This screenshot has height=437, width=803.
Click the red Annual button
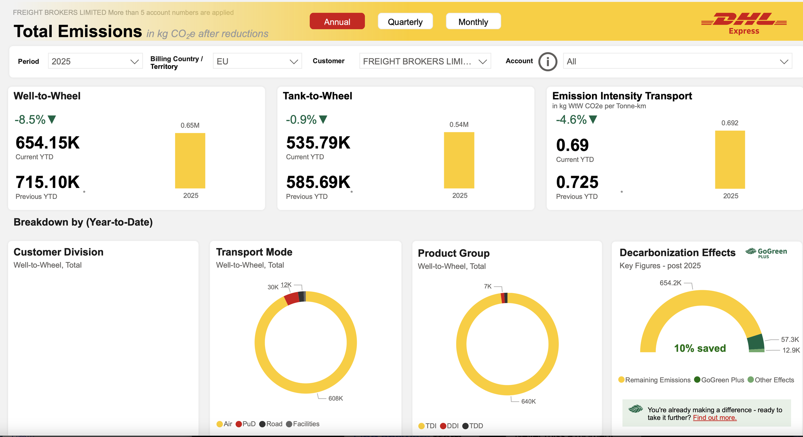(x=337, y=21)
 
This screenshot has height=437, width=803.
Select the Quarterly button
(x=405, y=21)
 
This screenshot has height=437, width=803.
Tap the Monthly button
(x=473, y=21)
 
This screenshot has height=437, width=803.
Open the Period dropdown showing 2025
(x=95, y=61)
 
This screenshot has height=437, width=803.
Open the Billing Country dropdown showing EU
(x=257, y=61)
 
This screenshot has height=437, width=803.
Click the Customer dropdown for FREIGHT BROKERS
(x=425, y=61)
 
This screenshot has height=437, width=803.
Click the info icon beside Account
(x=548, y=61)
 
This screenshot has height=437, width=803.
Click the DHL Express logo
(x=744, y=23)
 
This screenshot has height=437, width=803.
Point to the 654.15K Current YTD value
(x=48, y=143)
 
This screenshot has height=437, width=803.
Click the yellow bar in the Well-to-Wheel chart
(x=190, y=161)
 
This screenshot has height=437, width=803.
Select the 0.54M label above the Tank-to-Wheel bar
(x=459, y=125)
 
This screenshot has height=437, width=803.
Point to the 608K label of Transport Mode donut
(x=336, y=398)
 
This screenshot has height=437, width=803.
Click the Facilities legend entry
(x=303, y=424)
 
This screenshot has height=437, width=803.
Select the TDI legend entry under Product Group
(x=428, y=426)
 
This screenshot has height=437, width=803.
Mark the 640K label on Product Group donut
(x=528, y=401)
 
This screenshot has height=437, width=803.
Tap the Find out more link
(x=715, y=418)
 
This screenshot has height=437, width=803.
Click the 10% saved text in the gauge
(x=700, y=348)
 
